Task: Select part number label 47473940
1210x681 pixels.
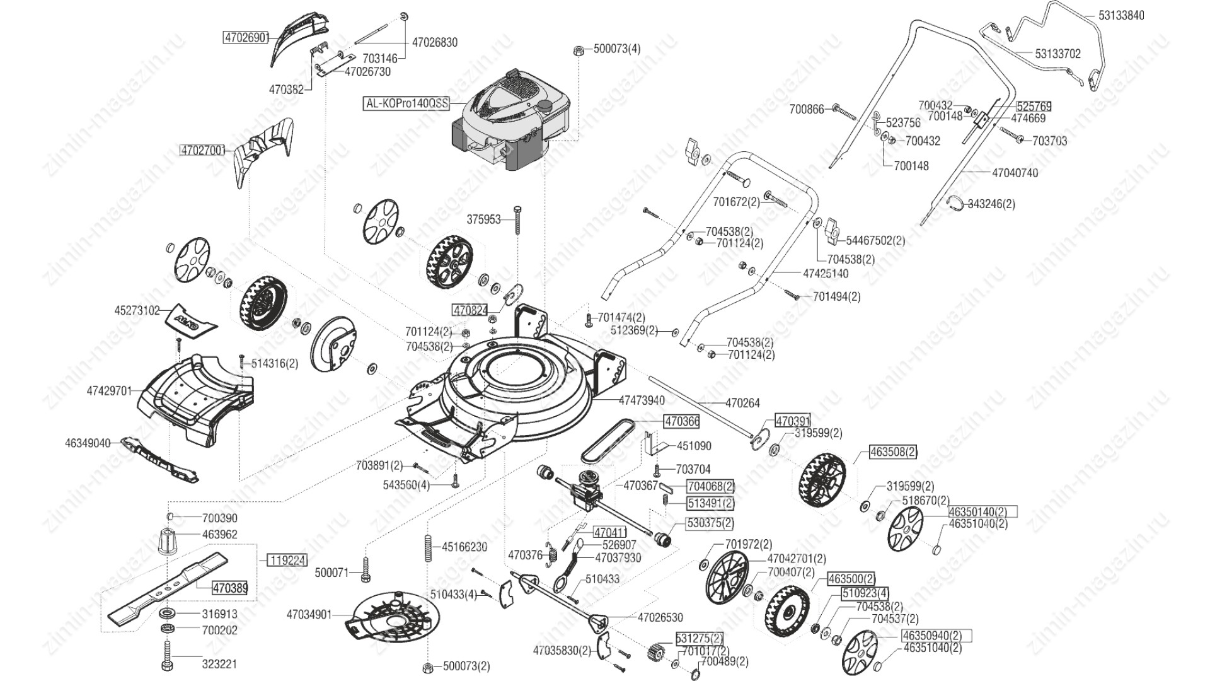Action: [642, 400]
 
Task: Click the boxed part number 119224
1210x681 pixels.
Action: [287, 560]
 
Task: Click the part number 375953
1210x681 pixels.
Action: [483, 219]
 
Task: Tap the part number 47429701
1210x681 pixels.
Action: [109, 391]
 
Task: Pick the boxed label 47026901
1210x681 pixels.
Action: [246, 38]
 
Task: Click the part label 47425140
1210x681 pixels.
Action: [826, 274]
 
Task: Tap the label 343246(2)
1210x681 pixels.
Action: [991, 204]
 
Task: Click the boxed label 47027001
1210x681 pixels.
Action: [202, 151]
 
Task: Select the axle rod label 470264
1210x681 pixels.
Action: [743, 402]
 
